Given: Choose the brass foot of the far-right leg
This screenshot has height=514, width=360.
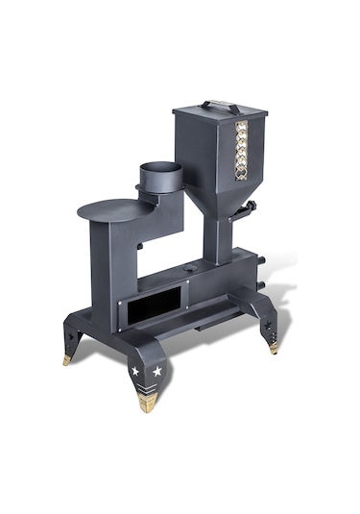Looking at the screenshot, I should tap(274, 347).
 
